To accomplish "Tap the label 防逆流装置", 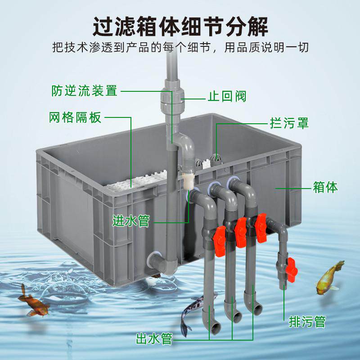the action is coord(84,91).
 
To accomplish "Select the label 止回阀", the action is coord(227,97).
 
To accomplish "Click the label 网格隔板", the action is coord(75,118).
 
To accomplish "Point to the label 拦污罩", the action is coord(289,122).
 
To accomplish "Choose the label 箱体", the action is coord(325,187).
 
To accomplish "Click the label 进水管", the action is coord(130,221).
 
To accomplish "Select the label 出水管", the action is coord(154,338).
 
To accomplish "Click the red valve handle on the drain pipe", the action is coord(291,266).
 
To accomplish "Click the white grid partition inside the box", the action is coord(135,180).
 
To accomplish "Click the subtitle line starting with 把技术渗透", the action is coord(180,47).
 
